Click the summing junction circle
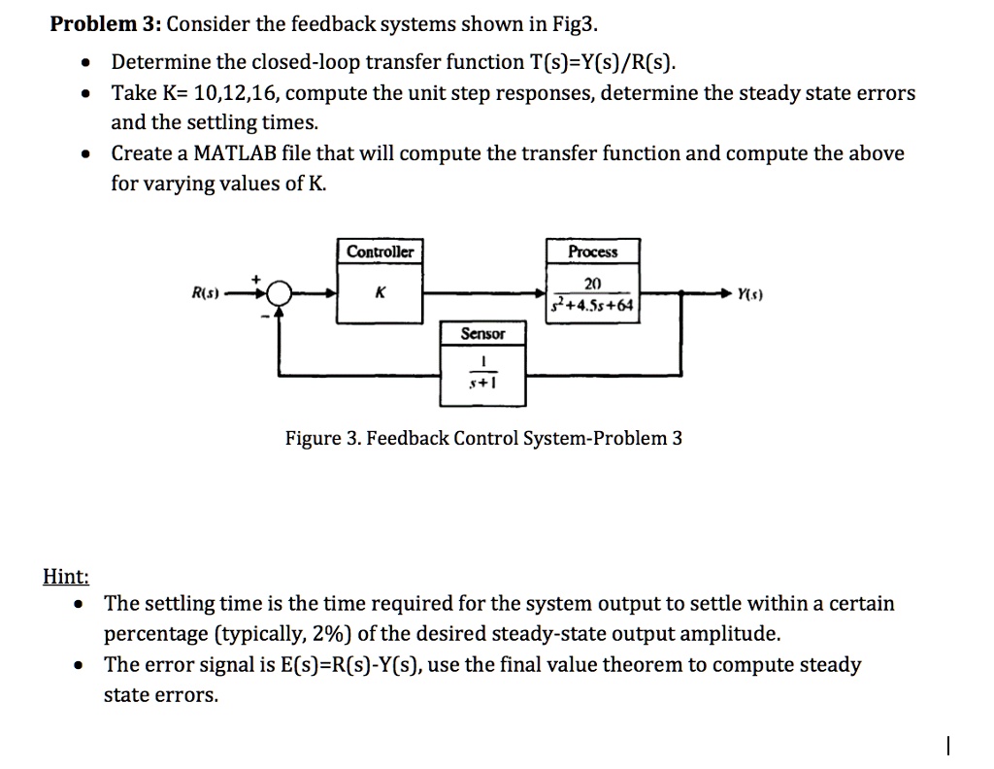pos(281,291)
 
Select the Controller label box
pos(381,252)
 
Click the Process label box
pos(592,252)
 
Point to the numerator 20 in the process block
pos(593,283)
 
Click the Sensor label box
pos(482,334)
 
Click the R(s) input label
pos(206,290)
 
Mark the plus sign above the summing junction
pos(257,279)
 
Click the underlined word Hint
pos(66,577)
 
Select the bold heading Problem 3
pos(106,24)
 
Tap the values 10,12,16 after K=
pos(241,94)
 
